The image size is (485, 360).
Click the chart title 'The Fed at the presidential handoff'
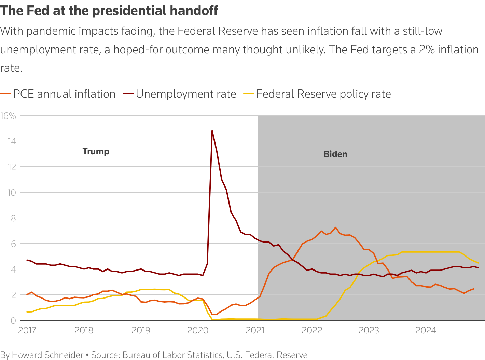tap(109, 11)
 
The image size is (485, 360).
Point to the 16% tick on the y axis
tap(8, 116)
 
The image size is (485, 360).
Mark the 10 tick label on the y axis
tap(12, 192)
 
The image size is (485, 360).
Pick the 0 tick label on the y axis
tap(13, 320)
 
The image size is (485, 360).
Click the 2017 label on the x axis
tap(27, 330)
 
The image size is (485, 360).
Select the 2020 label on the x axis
tap(198, 330)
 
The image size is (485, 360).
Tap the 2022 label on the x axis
tap(312, 330)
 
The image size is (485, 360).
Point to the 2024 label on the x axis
tap(426, 330)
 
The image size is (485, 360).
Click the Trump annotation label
tap(96, 151)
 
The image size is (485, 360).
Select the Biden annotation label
tap(335, 154)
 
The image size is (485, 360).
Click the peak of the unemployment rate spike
tap(212, 131)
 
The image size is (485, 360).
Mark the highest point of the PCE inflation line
tap(335, 227)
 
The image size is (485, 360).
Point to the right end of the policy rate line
tap(478, 263)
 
